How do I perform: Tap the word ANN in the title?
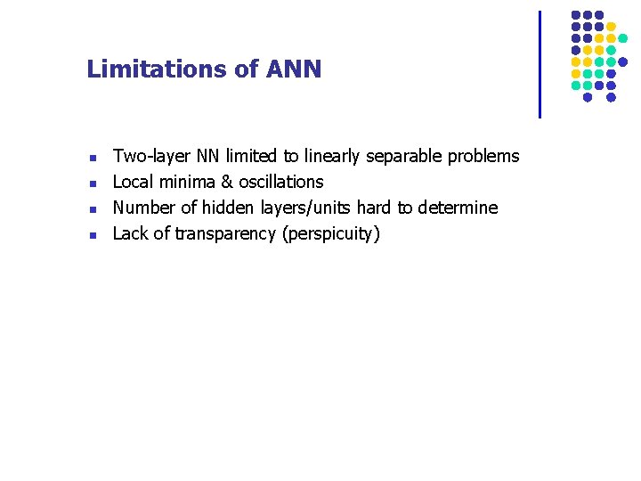tap(294, 69)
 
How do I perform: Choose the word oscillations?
tap(281, 183)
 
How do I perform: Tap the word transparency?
tap(225, 234)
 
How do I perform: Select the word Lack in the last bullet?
tap(129, 234)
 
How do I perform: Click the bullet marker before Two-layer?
tap(93, 159)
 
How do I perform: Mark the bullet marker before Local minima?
tap(93, 184)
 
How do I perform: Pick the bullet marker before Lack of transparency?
tap(93, 236)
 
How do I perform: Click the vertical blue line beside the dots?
tap(540, 64)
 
